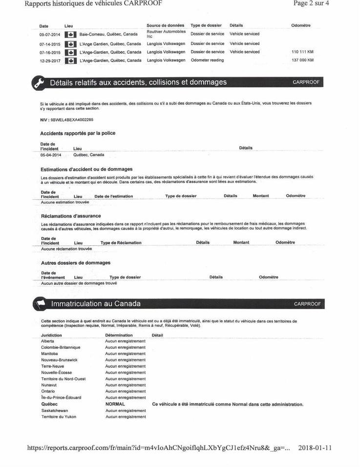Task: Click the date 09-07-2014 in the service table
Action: coord(49,34)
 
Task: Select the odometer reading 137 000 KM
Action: coord(302,61)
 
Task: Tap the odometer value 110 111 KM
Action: coord(302,52)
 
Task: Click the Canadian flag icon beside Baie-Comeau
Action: coord(70,35)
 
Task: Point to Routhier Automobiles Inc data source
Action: coord(166,34)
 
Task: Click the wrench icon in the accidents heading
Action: coord(39,83)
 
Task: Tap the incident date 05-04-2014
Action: coord(50,155)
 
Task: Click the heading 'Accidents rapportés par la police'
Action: coord(78,133)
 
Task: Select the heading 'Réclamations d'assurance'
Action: coord(71,216)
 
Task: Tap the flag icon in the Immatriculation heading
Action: coord(39,304)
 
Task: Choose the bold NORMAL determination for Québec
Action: coord(115,405)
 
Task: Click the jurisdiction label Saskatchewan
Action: coord(55,411)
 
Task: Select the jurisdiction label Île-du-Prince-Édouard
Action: coord(61,398)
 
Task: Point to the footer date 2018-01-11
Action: coord(315,448)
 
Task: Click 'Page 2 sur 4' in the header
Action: coord(311,3)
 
